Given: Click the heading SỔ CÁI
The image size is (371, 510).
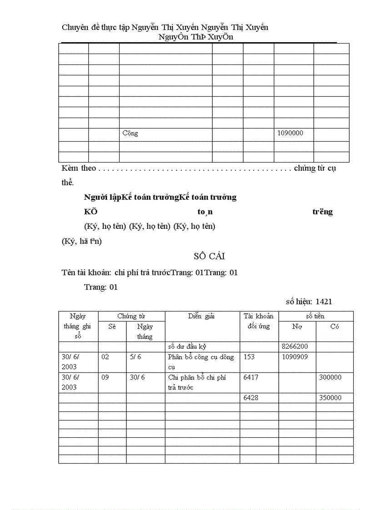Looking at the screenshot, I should pyautogui.click(x=209, y=257).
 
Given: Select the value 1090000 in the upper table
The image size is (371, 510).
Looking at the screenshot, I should pyautogui.click(x=290, y=134).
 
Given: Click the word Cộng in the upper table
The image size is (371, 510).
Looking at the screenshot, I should pyautogui.click(x=130, y=134).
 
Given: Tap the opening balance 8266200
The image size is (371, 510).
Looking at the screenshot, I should pyautogui.click(x=295, y=347).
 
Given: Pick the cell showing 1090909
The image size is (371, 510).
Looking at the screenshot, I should pyautogui.click(x=295, y=357).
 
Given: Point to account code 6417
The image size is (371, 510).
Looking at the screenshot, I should pyautogui.click(x=251, y=377).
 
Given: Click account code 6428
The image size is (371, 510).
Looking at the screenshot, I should pyautogui.click(x=251, y=398).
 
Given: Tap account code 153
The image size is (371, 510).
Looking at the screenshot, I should pyautogui.click(x=249, y=357).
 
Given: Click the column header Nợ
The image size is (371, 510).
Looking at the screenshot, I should pyautogui.click(x=297, y=327).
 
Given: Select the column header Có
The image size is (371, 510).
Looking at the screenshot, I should pyautogui.click(x=335, y=327).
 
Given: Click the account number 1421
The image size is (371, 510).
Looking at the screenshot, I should pyautogui.click(x=326, y=302).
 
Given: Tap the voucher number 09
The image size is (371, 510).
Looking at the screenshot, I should pyautogui.click(x=105, y=377).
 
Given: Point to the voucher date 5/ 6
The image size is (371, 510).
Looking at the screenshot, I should pyautogui.click(x=135, y=357).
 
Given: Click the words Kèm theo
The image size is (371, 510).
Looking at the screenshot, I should pyautogui.click(x=79, y=168).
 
